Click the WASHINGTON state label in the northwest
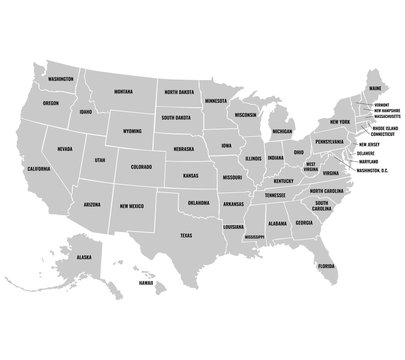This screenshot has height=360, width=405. tap(59, 78)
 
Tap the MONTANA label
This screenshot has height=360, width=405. tap(123, 90)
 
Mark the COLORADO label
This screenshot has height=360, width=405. tap(141, 166)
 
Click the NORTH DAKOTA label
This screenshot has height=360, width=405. tap(183, 91)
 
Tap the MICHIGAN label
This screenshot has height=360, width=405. tap(283, 130)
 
